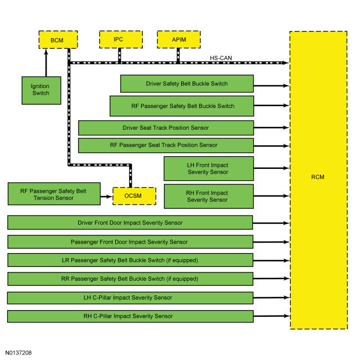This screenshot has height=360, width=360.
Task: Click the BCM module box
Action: pos(58,40)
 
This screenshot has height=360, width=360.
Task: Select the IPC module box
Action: pos(121,39)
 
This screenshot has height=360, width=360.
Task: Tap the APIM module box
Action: pos(179,39)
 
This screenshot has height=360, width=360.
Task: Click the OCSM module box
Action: pos(135,196)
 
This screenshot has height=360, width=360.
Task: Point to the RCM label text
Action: pos(318,177)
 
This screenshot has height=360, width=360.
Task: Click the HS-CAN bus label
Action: pos(221,58)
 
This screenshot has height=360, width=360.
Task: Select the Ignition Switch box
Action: pos(42,90)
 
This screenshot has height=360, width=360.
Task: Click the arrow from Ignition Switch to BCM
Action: pos(46,63)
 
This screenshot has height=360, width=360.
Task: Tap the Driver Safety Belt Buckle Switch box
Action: pos(187,84)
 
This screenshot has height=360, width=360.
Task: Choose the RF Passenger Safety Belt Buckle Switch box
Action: pos(182,106)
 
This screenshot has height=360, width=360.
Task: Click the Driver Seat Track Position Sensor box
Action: pos(166,127)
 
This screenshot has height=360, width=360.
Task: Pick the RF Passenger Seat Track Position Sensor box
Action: pos(166,145)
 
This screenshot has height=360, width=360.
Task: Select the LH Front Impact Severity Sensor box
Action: pos(209,168)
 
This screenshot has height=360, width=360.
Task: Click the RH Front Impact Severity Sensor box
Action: pos(209,196)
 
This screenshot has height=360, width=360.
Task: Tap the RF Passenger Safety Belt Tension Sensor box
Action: pos(54,194)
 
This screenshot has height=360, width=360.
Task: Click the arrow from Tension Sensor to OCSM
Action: pos(106,197)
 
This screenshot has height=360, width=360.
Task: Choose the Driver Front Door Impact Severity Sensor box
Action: pos(130,223)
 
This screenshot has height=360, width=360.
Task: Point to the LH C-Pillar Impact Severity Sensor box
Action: pos(130,298)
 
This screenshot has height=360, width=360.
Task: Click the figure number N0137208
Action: pos(18,353)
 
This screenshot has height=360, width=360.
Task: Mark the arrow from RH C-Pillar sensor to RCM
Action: pos(272,316)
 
